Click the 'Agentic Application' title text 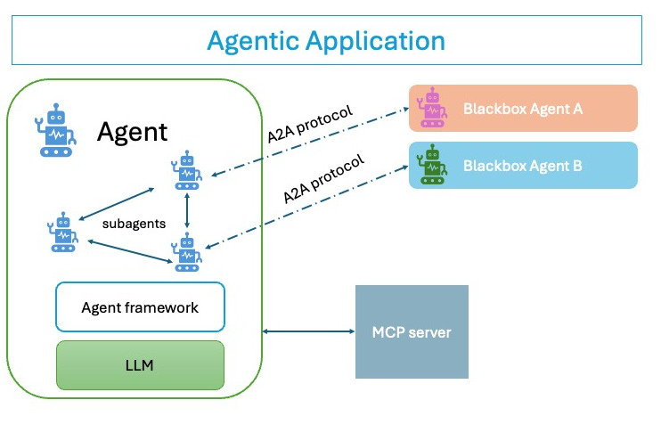(325, 40)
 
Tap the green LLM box (140, 365)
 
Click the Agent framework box (140, 307)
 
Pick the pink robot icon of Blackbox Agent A (433, 109)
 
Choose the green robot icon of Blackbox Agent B (433, 165)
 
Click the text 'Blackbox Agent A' (523, 110)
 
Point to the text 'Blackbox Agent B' (523, 166)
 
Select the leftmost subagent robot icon (63, 233)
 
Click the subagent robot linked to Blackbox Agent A (187, 171)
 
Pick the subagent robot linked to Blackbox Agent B (187, 251)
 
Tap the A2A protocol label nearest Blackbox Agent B (323, 178)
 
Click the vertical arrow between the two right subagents (187, 211)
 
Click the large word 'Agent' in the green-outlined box (132, 133)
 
